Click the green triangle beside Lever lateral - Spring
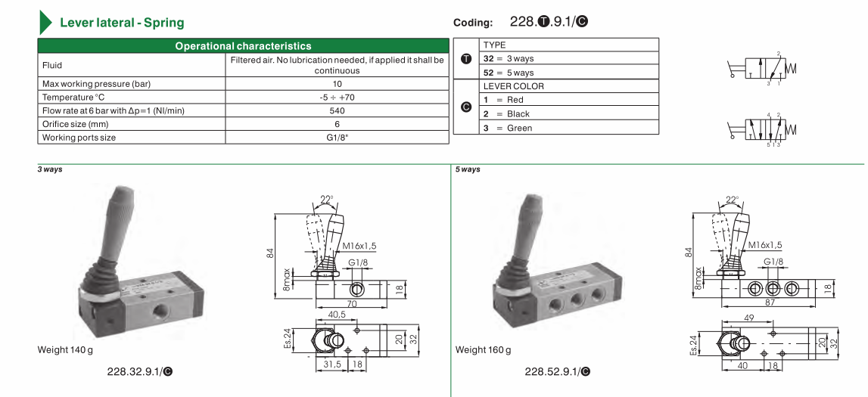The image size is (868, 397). click(x=45, y=22)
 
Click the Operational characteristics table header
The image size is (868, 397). click(x=243, y=46)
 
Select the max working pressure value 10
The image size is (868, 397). click(x=337, y=84)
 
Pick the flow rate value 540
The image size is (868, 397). click(x=337, y=110)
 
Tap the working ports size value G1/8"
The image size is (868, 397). click(x=337, y=137)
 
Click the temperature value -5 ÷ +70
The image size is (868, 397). click(x=337, y=98)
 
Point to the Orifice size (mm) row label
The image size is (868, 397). click(x=75, y=124)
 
